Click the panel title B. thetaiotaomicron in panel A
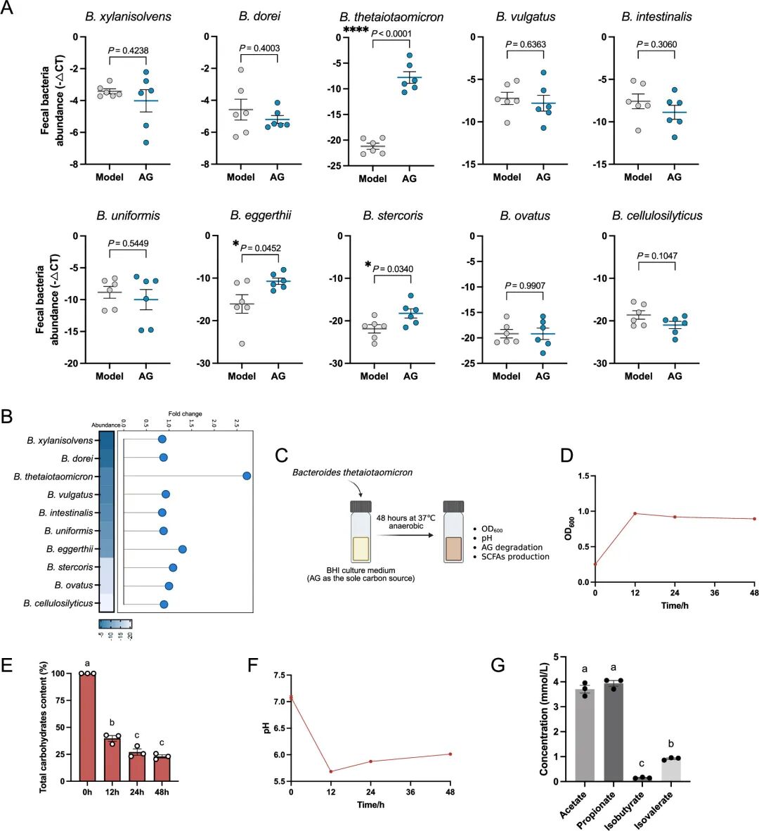click(x=391, y=17)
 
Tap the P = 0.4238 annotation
click(x=129, y=50)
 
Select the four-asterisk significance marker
click(x=356, y=29)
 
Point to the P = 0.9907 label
click(x=525, y=285)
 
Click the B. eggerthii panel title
click(x=261, y=216)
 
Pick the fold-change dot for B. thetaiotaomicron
click(x=247, y=476)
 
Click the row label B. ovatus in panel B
click(x=74, y=585)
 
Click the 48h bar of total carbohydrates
click(x=162, y=768)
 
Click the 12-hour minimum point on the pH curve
click(x=330, y=771)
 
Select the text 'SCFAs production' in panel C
click(x=515, y=556)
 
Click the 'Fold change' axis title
click(x=185, y=414)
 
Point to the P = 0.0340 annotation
click(x=393, y=269)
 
